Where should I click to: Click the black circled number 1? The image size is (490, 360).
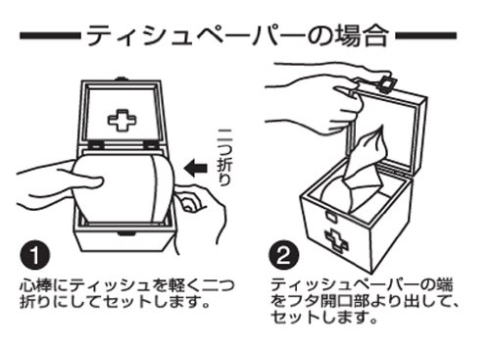tap(35, 255)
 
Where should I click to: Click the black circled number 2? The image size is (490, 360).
tap(284, 255)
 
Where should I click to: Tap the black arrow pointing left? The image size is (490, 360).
tap(195, 168)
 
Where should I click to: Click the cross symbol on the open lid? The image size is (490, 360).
tap(122, 121)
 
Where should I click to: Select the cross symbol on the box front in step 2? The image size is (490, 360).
tap(336, 240)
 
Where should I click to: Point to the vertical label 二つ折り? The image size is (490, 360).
tap(224, 158)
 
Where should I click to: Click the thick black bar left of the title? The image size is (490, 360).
tap(50, 35)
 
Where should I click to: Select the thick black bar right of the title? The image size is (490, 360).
tap(425, 35)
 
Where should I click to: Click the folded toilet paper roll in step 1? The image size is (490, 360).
tap(124, 188)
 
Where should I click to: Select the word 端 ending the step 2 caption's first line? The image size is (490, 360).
tap(444, 284)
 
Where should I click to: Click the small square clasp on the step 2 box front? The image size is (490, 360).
tap(330, 216)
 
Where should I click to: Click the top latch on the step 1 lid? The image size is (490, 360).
tap(122, 79)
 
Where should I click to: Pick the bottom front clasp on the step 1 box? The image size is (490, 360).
tap(125, 233)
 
